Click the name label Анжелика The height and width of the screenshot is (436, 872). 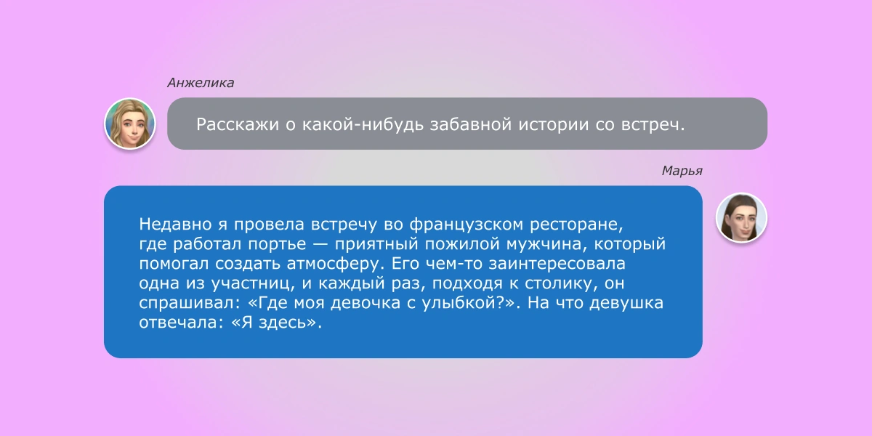click(201, 83)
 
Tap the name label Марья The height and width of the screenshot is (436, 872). click(682, 171)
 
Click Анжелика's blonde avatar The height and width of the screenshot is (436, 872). click(130, 123)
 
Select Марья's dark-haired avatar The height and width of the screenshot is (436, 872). click(741, 217)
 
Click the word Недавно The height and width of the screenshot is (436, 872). click(170, 222)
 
